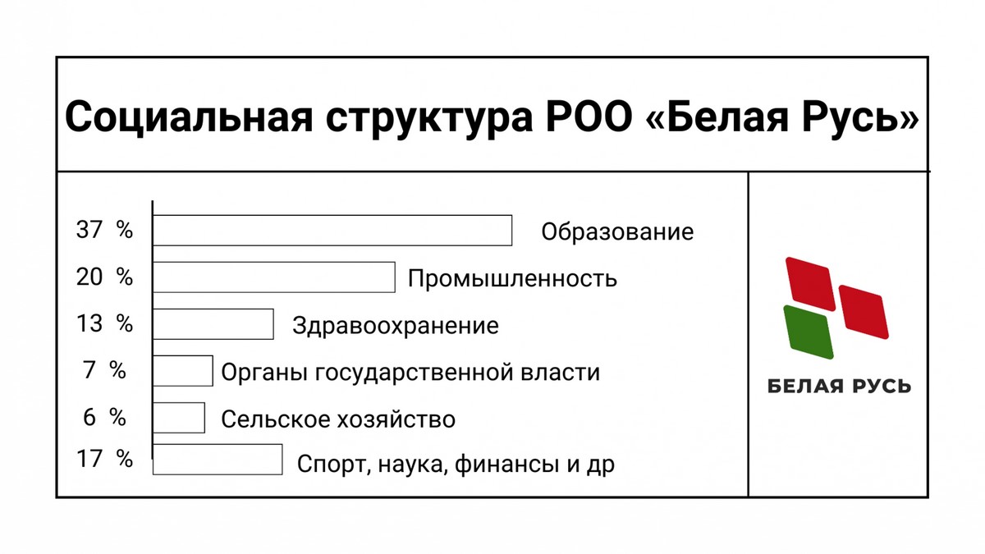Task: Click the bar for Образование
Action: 332,231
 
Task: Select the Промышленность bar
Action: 274,277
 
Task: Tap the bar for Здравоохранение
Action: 213,324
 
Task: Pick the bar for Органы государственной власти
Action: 183,371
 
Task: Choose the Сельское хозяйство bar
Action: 179,417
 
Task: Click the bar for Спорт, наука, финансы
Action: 218,460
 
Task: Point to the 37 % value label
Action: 104,230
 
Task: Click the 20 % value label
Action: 104,277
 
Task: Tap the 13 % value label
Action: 104,323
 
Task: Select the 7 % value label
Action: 104,370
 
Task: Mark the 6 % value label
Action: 104,417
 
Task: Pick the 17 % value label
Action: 104,459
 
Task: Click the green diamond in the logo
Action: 809,332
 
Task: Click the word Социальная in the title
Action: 189,117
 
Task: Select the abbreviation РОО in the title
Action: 589,117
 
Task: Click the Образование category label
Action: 617,231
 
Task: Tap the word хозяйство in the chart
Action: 396,419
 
